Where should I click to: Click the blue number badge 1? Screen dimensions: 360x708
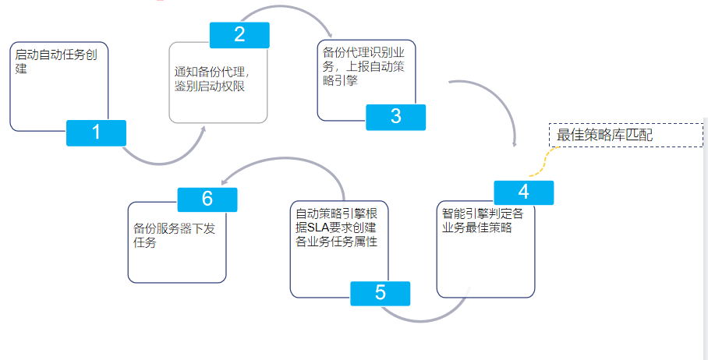tap(96, 132)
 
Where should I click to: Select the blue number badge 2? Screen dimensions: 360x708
tap(239, 34)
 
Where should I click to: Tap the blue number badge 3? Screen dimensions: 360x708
tap(396, 117)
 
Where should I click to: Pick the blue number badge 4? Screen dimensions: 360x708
tap(523, 192)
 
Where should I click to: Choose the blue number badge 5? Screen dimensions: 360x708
tap(380, 293)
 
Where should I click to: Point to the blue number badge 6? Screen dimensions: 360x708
tap(207, 199)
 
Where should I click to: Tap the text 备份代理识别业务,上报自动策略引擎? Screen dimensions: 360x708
tap(363, 66)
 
